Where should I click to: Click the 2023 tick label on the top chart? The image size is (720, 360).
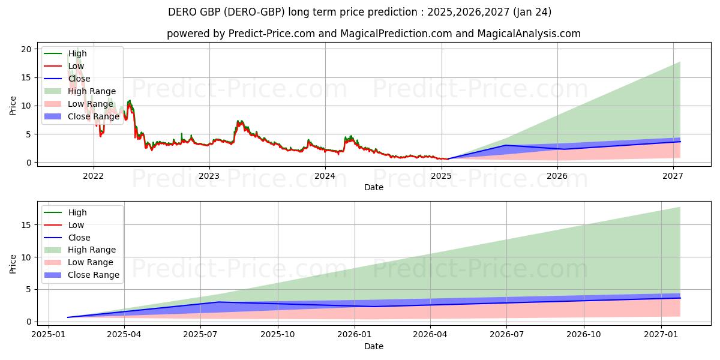click(x=209, y=176)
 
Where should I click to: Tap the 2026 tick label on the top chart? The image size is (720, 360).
click(x=557, y=176)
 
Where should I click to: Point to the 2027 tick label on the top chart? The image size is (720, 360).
click(x=673, y=176)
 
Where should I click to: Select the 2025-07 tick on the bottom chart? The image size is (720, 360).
click(x=201, y=335)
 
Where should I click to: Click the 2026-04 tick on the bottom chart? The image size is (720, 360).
click(x=431, y=335)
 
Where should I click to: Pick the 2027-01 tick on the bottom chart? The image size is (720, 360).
click(x=661, y=335)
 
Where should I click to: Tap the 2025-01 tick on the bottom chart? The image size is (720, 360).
click(x=49, y=335)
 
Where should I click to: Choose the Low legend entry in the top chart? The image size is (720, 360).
click(x=76, y=66)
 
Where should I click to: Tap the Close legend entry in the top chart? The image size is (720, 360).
click(x=79, y=79)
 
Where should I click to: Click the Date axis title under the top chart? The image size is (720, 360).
click(x=373, y=187)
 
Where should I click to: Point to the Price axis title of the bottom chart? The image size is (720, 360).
click(x=13, y=263)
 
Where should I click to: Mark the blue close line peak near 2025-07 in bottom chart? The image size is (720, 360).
click(x=219, y=302)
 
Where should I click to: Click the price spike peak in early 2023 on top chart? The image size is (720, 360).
click(x=239, y=121)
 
